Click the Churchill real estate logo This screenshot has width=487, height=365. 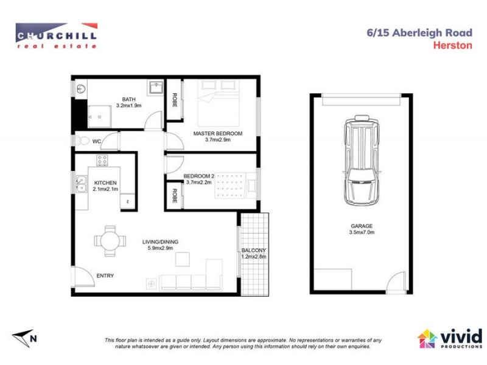coord(56,36)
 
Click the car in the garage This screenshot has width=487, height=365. coord(361,160)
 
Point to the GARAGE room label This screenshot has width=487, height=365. coord(361,226)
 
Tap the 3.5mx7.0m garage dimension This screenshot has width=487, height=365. coord(361,232)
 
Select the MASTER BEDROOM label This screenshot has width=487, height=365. coord(217,133)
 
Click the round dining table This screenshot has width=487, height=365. coord(110,240)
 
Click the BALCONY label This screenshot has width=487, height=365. coord(253,251)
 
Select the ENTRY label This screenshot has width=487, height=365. coord(105,276)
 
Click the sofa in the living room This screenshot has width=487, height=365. coord(189,281)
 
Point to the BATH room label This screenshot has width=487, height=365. coord(128,99)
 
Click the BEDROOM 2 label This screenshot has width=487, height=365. coord(200,177)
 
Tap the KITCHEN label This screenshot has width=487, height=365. coord(105,183)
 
